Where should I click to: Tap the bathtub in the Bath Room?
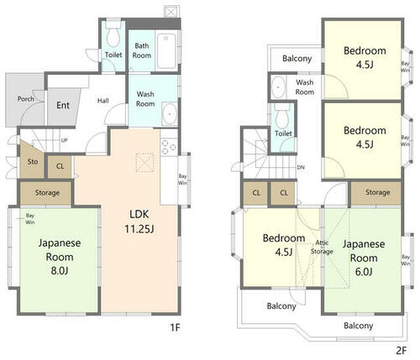pyautogui.click(x=166, y=51)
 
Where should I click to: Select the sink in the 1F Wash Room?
pyautogui.click(x=170, y=114)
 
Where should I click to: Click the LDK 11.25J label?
pyautogui.click(x=139, y=222)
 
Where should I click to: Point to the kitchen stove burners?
pyautogui.click(x=169, y=147)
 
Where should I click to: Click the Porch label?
pyautogui.click(x=26, y=99)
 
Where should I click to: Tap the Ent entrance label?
pyautogui.click(x=63, y=106)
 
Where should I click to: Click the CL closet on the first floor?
pyautogui.click(x=60, y=167)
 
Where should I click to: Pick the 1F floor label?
pyautogui.click(x=175, y=327)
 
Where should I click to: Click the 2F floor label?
pyautogui.click(x=402, y=350)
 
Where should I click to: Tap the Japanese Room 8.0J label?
pyautogui.click(x=60, y=257)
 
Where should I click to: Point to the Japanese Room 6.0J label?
pyautogui.click(x=364, y=258)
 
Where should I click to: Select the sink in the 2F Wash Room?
pyautogui.click(x=278, y=87)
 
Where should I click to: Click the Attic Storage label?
pyautogui.click(x=322, y=248)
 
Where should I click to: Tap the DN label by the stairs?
pyautogui.click(x=301, y=168)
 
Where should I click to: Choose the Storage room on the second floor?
pyautogui.click(x=376, y=193)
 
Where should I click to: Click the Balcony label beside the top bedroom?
pyautogui.click(x=297, y=59)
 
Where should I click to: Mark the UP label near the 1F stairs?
pyautogui.click(x=64, y=140)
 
